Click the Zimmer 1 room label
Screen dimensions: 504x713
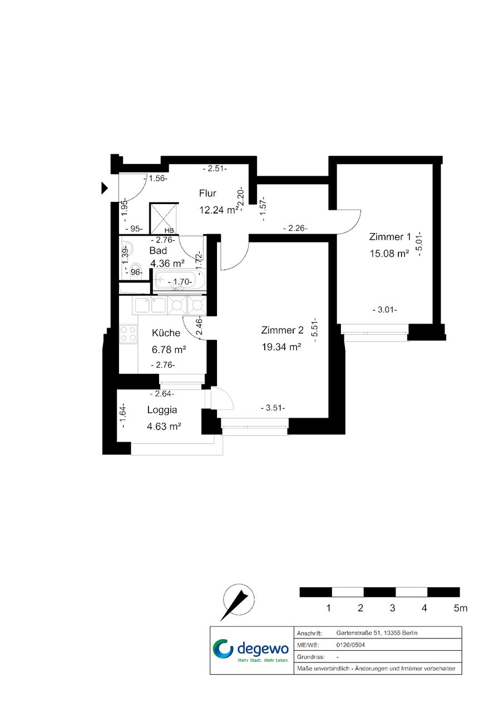coord(390,237)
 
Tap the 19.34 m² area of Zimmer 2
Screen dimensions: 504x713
coord(281,346)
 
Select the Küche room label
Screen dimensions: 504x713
coord(166,333)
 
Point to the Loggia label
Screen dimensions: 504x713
coord(162,410)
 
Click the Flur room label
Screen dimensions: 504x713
coord(207,193)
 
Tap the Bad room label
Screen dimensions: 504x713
coord(158,250)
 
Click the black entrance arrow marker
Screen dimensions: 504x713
coord(105,188)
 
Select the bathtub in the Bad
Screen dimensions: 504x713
coord(180,280)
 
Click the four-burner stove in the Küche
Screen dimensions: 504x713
coord(129,334)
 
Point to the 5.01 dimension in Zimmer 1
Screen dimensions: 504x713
coord(419,244)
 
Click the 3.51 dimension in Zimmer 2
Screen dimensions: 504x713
coord(273,408)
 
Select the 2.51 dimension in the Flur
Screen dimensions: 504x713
coord(215,169)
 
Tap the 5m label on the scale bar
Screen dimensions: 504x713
coord(461,608)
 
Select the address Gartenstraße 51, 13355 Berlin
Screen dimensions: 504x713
coord(377,633)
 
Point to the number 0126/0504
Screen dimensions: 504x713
coord(350,645)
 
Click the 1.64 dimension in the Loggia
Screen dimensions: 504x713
coord(123,415)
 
